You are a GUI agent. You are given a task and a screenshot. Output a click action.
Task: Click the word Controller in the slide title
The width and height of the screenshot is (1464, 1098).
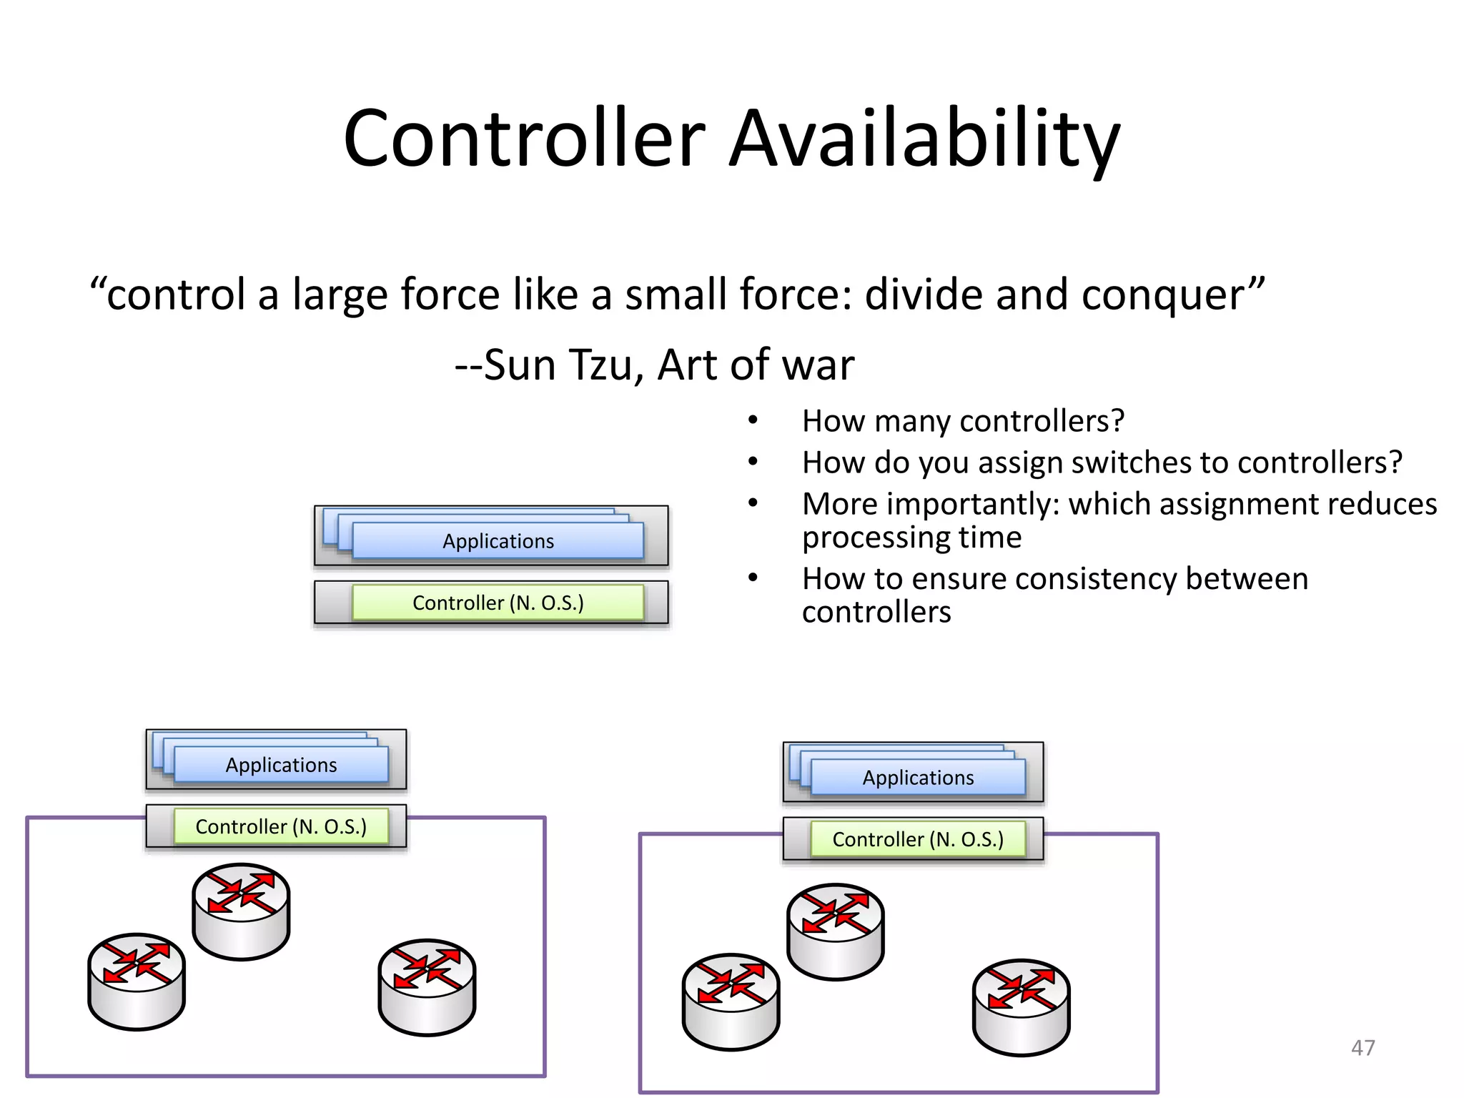524,139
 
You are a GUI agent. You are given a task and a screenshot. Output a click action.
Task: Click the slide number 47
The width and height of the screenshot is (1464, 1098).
1362,1047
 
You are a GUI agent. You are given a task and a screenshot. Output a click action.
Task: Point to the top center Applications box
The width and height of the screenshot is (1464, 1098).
498,541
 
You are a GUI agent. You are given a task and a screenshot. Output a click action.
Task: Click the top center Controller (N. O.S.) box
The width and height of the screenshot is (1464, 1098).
498,603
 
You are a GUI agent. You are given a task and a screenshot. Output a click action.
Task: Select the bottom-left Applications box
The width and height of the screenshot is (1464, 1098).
281,765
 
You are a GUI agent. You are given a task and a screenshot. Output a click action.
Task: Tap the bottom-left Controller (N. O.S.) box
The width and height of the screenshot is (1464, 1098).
281,826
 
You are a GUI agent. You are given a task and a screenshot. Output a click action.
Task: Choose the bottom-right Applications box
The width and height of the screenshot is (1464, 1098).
918,778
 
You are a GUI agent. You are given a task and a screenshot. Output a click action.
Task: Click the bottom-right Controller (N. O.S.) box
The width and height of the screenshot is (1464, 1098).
918,839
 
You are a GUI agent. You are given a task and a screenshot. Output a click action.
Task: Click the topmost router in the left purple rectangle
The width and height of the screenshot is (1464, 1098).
241,911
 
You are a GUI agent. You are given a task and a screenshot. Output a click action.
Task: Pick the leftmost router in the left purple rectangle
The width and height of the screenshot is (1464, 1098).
137,981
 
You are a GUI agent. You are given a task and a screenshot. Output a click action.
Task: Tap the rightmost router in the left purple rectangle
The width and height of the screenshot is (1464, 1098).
427,986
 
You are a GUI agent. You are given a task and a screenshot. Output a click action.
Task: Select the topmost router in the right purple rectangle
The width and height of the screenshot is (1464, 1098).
835,931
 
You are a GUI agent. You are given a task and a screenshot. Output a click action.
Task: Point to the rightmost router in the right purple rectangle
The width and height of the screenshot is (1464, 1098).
1021,1006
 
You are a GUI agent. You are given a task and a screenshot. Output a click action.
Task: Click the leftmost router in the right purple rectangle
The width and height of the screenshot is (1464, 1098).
731,1001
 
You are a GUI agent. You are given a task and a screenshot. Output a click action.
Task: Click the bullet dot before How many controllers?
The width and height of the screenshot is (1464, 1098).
753,420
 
